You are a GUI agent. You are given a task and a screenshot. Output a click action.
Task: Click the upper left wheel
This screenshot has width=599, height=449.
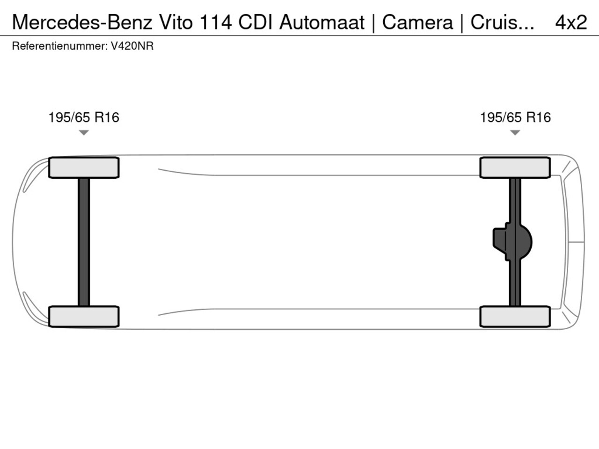(x=84, y=167)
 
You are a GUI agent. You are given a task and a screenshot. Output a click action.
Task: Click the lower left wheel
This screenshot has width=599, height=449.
(x=84, y=317)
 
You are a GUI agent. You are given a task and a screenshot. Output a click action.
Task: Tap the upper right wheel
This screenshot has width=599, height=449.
(x=515, y=167)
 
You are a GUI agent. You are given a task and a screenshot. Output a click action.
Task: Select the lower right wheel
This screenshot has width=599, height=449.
(x=515, y=317)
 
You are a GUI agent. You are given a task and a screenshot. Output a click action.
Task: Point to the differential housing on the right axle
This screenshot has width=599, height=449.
(x=512, y=242)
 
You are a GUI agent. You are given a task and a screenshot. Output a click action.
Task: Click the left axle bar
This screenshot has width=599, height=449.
(x=84, y=242)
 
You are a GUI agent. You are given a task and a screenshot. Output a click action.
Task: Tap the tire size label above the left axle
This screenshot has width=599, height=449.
(x=84, y=117)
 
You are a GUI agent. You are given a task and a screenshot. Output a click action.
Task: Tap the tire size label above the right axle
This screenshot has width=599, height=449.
(x=515, y=117)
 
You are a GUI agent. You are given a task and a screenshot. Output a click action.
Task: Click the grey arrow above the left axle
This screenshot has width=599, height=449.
(x=84, y=133)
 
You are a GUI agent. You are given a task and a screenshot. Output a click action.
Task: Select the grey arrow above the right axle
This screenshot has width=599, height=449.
(x=515, y=133)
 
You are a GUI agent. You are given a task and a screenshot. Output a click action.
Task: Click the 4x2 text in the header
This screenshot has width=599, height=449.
(x=571, y=22)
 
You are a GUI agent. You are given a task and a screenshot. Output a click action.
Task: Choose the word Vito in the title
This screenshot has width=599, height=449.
(x=176, y=22)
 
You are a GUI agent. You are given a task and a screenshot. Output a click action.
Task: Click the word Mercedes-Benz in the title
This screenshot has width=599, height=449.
(x=82, y=22)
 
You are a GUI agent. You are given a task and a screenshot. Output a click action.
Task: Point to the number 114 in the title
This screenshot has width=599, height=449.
(x=216, y=22)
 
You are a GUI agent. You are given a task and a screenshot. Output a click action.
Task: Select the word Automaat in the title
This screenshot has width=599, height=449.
(x=322, y=22)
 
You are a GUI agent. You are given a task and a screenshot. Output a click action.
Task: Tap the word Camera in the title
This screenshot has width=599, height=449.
(x=417, y=22)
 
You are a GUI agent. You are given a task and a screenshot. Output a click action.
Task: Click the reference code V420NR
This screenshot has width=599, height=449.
(x=132, y=46)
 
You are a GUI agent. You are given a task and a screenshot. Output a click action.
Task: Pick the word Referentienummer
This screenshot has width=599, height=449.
(x=60, y=46)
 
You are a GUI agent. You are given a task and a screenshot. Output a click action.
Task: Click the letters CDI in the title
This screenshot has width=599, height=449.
(x=256, y=22)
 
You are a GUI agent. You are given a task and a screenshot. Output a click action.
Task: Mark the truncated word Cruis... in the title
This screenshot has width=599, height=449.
(x=503, y=22)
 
